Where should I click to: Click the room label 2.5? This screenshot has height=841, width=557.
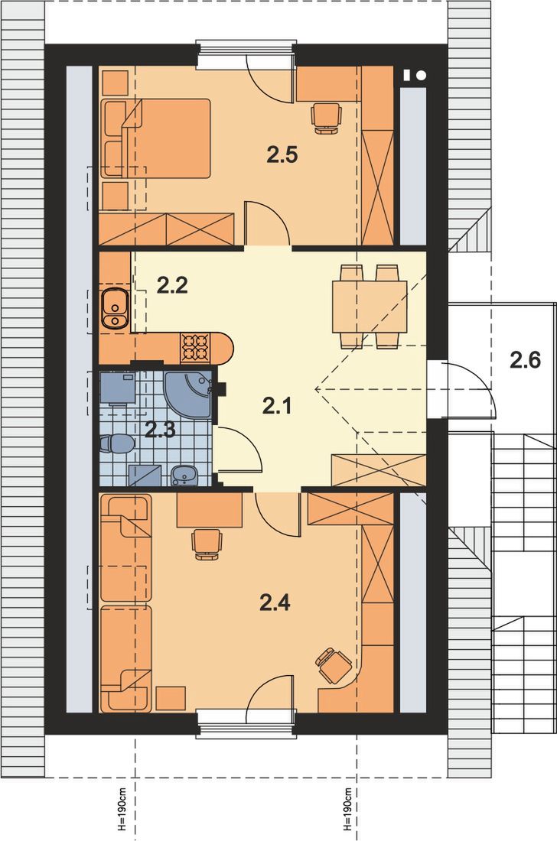click(x=282, y=155)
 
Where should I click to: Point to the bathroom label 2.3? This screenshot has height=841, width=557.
click(x=161, y=429)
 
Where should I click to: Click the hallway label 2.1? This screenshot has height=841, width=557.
click(x=277, y=406)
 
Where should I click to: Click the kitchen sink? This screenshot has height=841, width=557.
click(x=114, y=307)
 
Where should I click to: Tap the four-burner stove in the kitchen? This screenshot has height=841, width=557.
click(x=195, y=348)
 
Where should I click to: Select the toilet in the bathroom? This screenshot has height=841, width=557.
click(x=116, y=444)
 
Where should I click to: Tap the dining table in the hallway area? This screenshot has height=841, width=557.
click(x=369, y=306)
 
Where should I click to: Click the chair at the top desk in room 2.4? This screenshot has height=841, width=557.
click(x=208, y=542)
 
